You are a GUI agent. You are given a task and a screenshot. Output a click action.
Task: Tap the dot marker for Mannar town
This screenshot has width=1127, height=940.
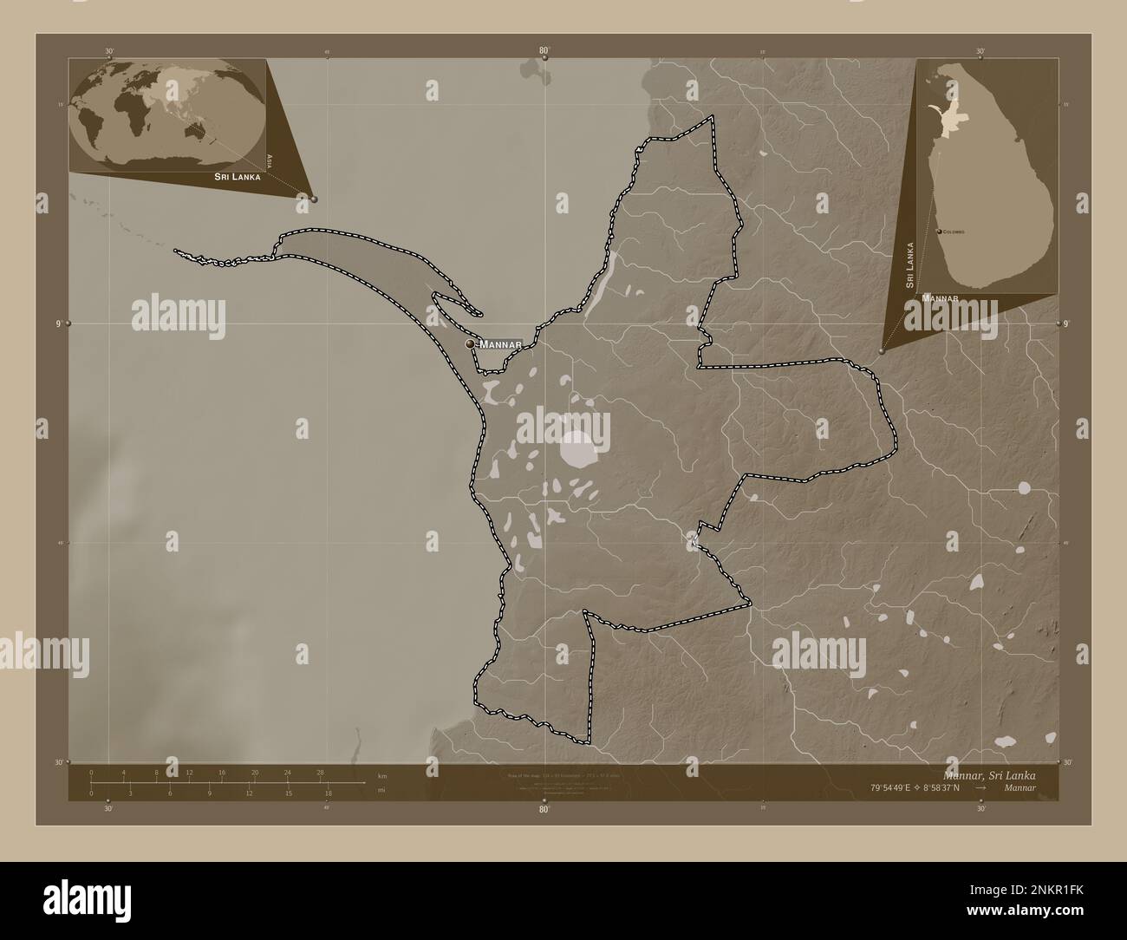tap(471, 344)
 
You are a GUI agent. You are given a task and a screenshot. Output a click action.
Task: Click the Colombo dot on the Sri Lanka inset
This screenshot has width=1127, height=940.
tap(940, 232)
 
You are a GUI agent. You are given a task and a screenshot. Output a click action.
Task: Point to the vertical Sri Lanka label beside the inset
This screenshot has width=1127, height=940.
tap(909, 264)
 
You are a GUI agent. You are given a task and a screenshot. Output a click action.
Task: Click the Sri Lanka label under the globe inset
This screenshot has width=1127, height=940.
tap(238, 176)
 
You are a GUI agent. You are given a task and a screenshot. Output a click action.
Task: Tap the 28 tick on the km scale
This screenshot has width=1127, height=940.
tap(321, 772)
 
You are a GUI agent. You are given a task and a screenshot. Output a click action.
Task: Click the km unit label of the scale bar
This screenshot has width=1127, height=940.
tap(382, 775)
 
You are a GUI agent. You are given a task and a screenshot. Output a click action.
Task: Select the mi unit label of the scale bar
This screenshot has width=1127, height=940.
tap(381, 790)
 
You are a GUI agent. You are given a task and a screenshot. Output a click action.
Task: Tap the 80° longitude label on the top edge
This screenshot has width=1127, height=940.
tap(544, 51)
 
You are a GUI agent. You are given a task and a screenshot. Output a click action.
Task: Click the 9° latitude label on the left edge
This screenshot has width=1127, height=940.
tap(57, 323)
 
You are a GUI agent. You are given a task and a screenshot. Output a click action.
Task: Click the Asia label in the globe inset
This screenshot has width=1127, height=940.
tap(270, 160)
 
